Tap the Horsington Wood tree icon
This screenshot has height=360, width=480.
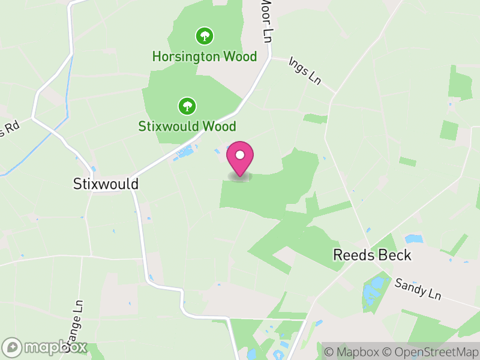pyautogui.click(x=205, y=36)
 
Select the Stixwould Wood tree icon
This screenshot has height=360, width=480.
pyautogui.click(x=187, y=106)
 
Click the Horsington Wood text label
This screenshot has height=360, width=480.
pyautogui.click(x=205, y=57)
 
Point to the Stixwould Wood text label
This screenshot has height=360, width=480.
pyautogui.click(x=187, y=127)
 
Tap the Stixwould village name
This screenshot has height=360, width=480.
pyautogui.click(x=105, y=184)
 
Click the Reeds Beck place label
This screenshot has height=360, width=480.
pyautogui.click(x=372, y=255)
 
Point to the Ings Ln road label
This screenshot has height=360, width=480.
pyautogui.click(x=305, y=70)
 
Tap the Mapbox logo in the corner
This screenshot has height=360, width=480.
pyautogui.click(x=46, y=347)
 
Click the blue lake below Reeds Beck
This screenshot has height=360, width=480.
pyautogui.click(x=373, y=290)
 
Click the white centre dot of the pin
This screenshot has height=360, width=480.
pyautogui.click(x=240, y=155)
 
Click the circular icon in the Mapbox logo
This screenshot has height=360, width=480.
pyautogui.click(x=12, y=347)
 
